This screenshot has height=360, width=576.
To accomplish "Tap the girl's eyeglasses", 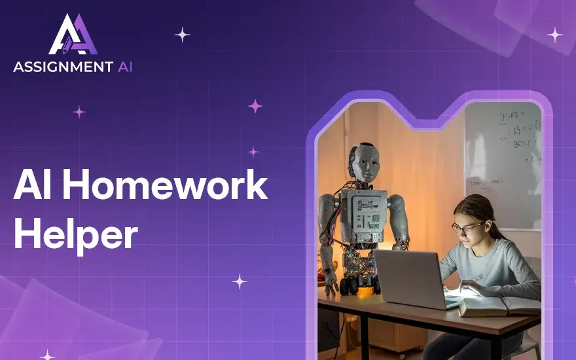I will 467,227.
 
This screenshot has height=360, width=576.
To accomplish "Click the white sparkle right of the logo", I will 183,35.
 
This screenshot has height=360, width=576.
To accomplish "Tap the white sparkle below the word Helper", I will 240,281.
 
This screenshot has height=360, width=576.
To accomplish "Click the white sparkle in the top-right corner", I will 555,35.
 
